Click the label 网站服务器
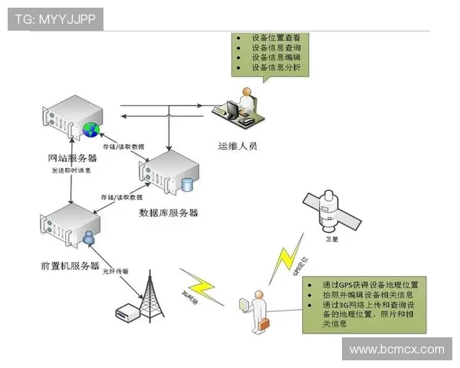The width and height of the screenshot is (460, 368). [x=73, y=159]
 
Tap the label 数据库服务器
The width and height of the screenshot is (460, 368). [x=168, y=212]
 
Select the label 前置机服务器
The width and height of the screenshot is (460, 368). [x=70, y=265]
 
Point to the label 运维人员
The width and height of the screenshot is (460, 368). [x=238, y=143]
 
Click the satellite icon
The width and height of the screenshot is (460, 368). [x=330, y=209]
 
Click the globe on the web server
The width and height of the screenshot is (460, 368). [x=91, y=128]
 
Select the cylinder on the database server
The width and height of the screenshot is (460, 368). [x=188, y=185]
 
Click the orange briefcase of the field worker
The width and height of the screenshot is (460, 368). [x=264, y=325]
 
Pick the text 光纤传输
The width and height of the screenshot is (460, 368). [x=116, y=270]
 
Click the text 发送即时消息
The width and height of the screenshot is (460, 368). [x=71, y=170]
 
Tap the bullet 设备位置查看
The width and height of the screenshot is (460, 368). [x=275, y=37]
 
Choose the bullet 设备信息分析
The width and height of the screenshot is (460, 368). [x=275, y=67]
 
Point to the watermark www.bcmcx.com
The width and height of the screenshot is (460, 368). [x=396, y=350]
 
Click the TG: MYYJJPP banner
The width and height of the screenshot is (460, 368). [x=55, y=19]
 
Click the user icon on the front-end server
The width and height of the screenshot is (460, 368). [x=89, y=237]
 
